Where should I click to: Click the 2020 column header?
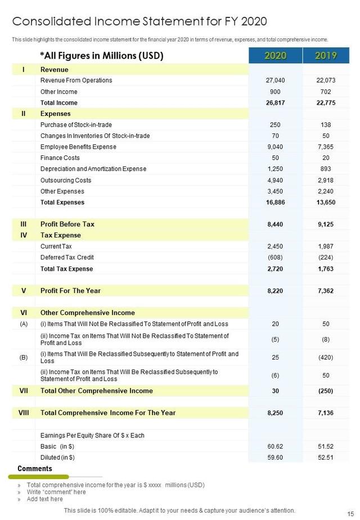pos(275,55)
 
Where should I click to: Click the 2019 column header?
pos(326,55)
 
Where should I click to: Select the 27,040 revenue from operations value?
pos(275,80)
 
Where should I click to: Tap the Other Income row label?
pos(58,92)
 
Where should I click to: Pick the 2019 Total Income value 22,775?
pos(326,103)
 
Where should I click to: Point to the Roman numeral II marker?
pos(23,114)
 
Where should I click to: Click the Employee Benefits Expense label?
pos(78,147)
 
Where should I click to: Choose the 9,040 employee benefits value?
pos(275,147)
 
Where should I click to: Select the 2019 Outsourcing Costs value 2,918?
pos(326,180)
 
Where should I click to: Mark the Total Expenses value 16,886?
pos(275,203)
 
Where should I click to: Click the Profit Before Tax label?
pos(67,224)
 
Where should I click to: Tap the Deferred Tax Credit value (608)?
pos(275,258)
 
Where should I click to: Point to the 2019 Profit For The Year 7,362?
pos(326,291)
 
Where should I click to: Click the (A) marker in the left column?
pos(23,324)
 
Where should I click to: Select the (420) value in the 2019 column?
pos(326,357)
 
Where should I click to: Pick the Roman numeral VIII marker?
pos(23,413)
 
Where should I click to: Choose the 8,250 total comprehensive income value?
pos(275,413)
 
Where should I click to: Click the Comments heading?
pos(35,469)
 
